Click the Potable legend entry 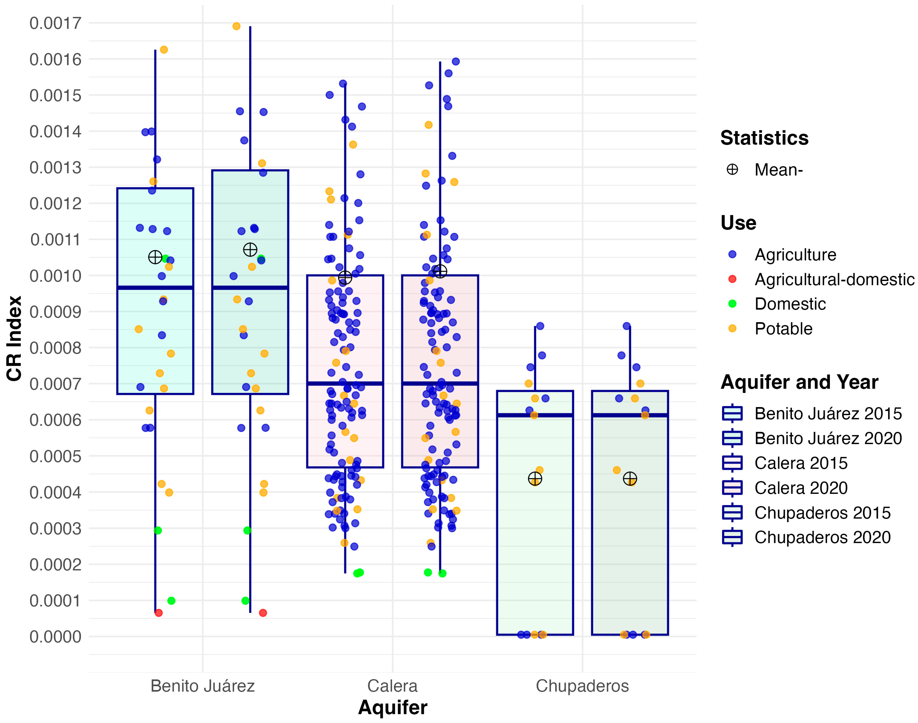pyautogui.click(x=783, y=329)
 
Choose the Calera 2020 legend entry pyautogui.click(x=800, y=488)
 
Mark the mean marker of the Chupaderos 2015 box pyautogui.click(x=535, y=479)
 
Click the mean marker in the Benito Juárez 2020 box pyautogui.click(x=250, y=250)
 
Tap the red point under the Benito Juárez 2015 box pyautogui.click(x=159, y=613)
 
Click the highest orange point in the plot pyautogui.click(x=237, y=26)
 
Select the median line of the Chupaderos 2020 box pyautogui.click(x=630, y=415)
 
